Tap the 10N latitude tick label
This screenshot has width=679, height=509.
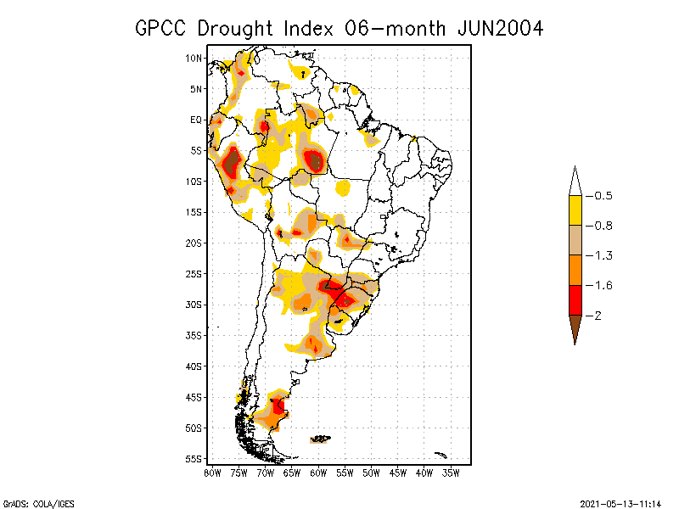194,59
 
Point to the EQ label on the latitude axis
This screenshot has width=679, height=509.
196,120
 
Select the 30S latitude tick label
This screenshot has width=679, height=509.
194,305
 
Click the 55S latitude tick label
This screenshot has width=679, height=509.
194,459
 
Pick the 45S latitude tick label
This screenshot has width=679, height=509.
194,397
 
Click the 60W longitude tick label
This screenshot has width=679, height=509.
318,473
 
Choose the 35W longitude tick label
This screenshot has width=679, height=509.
452,473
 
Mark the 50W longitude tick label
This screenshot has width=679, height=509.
372,473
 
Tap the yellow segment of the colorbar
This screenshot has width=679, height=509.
575,210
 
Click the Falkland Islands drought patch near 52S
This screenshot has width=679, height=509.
321,439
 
